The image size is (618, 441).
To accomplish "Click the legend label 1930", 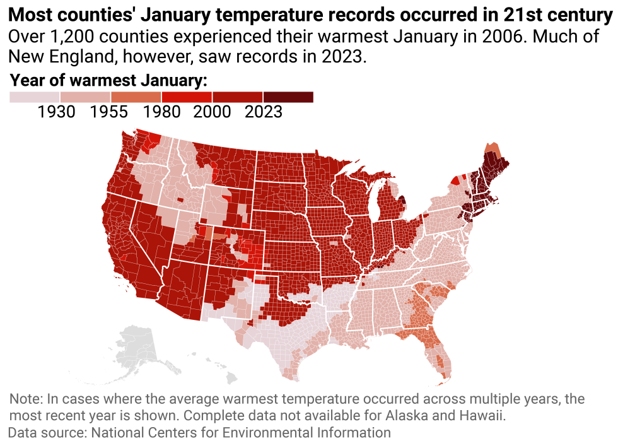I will coord(57,112).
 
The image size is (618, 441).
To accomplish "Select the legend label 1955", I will coord(108,112).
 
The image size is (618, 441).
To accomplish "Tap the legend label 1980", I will coord(161,112).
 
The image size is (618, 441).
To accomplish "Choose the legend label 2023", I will coord(263,112).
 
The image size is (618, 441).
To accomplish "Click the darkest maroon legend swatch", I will coord(288,97).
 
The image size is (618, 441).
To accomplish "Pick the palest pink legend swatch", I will coord(35,97).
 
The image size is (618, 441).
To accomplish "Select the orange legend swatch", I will coord(136,97).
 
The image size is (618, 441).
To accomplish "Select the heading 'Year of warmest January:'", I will coord(109,80).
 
